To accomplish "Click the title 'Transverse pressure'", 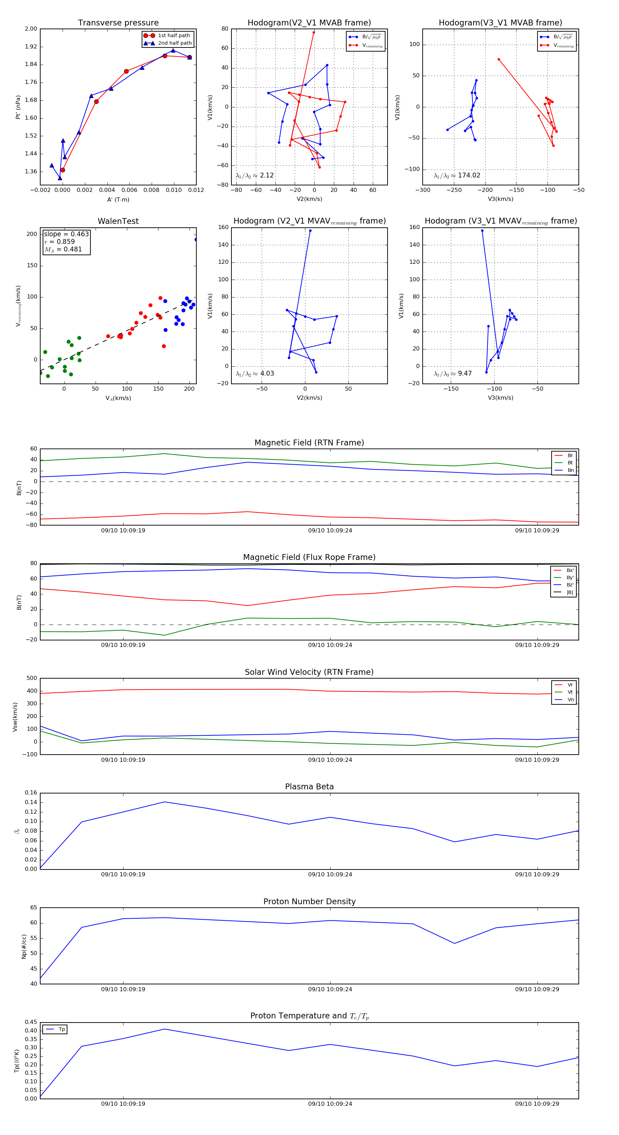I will click(x=118, y=23).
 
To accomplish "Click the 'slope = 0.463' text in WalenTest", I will click(x=66, y=234).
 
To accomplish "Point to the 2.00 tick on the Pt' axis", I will click(x=31, y=29).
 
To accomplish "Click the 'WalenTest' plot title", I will click(x=118, y=221).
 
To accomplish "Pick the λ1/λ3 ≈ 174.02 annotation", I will click(x=457, y=175).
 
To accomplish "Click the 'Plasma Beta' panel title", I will click(x=309, y=787).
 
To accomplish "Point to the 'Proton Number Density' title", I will click(x=309, y=901).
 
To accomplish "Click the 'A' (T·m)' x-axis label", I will click(x=118, y=199).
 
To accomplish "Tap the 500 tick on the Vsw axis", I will click(x=32, y=678).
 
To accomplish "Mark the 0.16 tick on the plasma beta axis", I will click(x=31, y=793).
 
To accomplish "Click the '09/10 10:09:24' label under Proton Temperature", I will click(x=330, y=1104).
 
